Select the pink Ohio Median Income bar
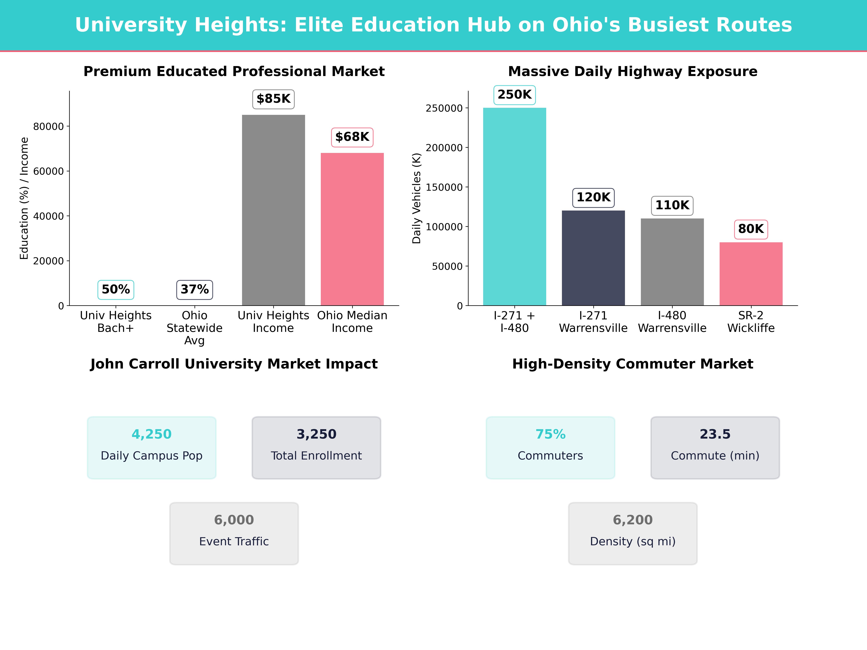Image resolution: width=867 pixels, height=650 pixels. (x=352, y=229)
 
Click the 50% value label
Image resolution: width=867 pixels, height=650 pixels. (x=116, y=290)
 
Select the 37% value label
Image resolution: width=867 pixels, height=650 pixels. (x=194, y=290)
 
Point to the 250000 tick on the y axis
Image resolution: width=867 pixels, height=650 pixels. (x=444, y=108)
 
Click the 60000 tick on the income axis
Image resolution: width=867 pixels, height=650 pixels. (x=48, y=171)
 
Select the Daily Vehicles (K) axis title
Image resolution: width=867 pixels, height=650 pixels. (x=416, y=198)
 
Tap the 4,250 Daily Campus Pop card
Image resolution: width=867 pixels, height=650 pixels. (x=152, y=447)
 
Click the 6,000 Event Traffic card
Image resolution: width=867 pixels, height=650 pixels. (x=234, y=533)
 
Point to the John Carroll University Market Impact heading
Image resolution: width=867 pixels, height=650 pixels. (x=234, y=364)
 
